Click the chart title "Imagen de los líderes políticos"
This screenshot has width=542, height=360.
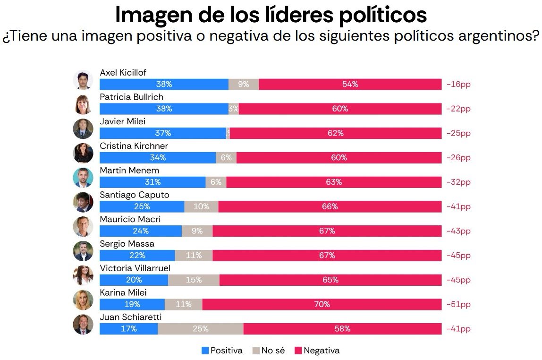click(271, 15)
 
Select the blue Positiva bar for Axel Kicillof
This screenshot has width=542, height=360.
click(164, 85)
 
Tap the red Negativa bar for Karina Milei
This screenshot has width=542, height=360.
click(322, 305)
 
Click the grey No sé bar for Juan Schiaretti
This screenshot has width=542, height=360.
click(200, 329)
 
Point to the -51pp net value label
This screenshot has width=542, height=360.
click(458, 305)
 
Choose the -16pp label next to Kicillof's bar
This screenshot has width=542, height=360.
click(458, 85)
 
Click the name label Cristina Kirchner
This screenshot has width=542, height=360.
click(134, 146)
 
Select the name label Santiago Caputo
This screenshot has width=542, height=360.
click(134, 195)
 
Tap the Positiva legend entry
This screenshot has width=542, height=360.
click(222, 351)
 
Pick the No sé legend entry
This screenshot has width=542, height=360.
click(269, 351)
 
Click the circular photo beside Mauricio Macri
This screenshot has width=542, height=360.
click(83, 227)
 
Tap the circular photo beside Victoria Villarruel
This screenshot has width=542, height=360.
click(83, 275)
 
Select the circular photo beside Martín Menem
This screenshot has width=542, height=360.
click(83, 178)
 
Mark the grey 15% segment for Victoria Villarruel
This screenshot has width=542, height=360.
click(194, 280)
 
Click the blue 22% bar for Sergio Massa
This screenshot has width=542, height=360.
click(137, 256)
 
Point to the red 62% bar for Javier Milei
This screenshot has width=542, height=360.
click(335, 134)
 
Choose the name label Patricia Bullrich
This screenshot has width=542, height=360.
click(131, 97)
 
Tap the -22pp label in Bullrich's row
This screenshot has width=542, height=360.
click(458, 109)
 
